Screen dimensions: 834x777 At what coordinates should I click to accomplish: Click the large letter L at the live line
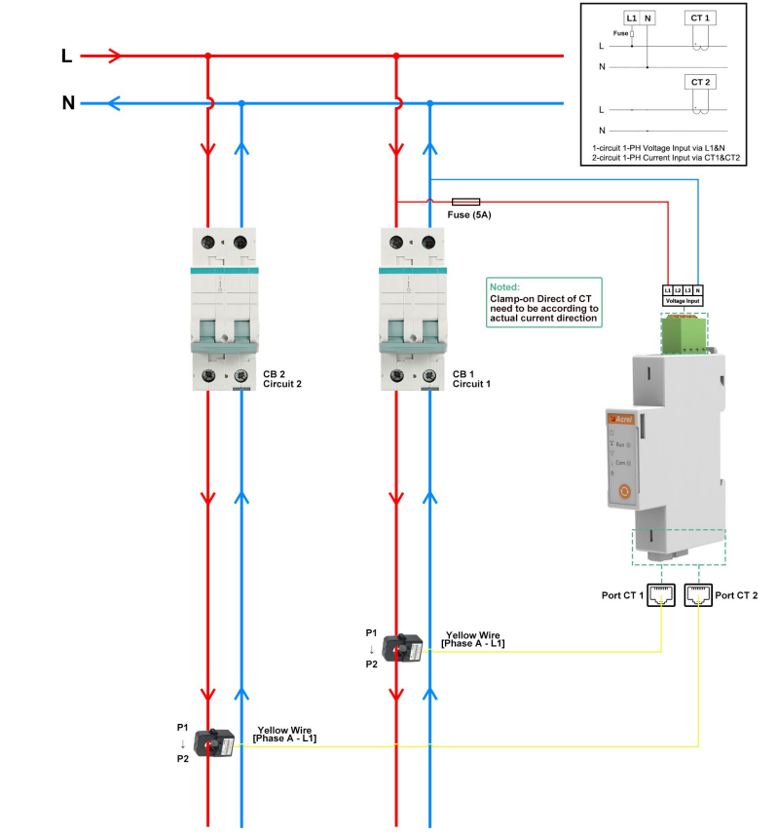tap(67, 57)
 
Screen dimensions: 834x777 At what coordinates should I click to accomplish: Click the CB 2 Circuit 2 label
tap(282, 379)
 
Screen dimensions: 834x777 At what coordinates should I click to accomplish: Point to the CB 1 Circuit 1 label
tap(471, 379)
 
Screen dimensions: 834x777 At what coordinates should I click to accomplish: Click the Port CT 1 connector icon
tap(661, 595)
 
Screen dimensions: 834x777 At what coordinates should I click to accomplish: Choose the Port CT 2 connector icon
tap(698, 595)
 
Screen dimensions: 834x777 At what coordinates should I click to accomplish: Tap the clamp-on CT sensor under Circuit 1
tap(402, 647)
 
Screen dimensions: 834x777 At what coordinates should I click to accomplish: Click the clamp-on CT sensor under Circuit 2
tap(214, 744)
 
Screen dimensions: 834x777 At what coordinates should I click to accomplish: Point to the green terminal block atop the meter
tap(684, 334)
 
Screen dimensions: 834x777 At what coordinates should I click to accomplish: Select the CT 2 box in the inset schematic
tap(699, 83)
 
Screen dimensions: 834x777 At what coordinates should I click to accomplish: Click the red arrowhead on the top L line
tap(115, 57)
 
